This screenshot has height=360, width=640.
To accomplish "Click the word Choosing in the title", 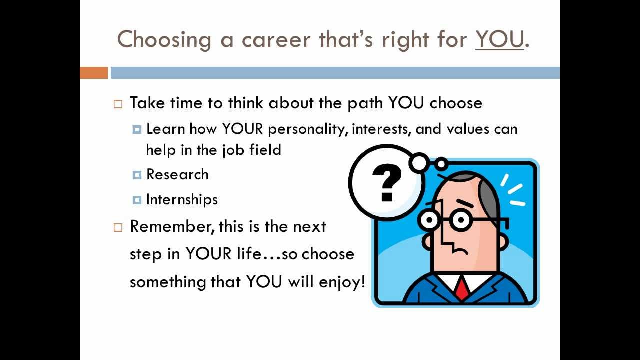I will click(x=164, y=39).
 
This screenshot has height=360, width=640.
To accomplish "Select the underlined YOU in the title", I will click(x=499, y=39).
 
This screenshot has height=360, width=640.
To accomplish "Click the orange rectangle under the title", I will click(x=94, y=73).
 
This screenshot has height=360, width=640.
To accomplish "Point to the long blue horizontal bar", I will click(x=335, y=73).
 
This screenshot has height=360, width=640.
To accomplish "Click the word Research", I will click(x=177, y=174).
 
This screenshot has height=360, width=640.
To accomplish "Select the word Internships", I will click(x=182, y=199).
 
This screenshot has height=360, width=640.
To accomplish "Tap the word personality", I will click(x=307, y=129).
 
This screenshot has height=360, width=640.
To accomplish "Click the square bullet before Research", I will click(x=137, y=175).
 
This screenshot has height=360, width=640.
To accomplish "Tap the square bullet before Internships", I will click(x=137, y=200).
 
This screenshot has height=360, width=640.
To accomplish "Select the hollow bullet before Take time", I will click(x=118, y=104).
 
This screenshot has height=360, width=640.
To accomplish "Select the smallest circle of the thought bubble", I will click(x=441, y=164).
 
